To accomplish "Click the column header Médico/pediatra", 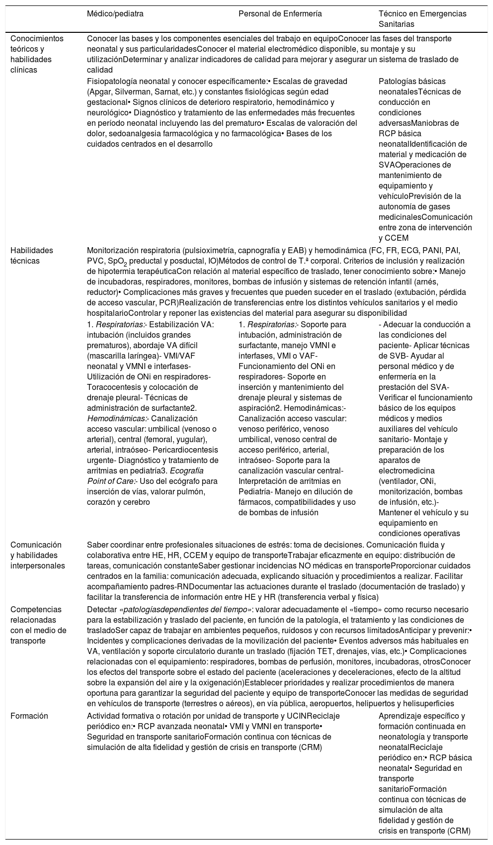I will point(115,14).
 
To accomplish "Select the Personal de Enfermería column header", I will point(280,14).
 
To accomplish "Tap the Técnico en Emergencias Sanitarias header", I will point(422,19).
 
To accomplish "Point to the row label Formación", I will point(29,716).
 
